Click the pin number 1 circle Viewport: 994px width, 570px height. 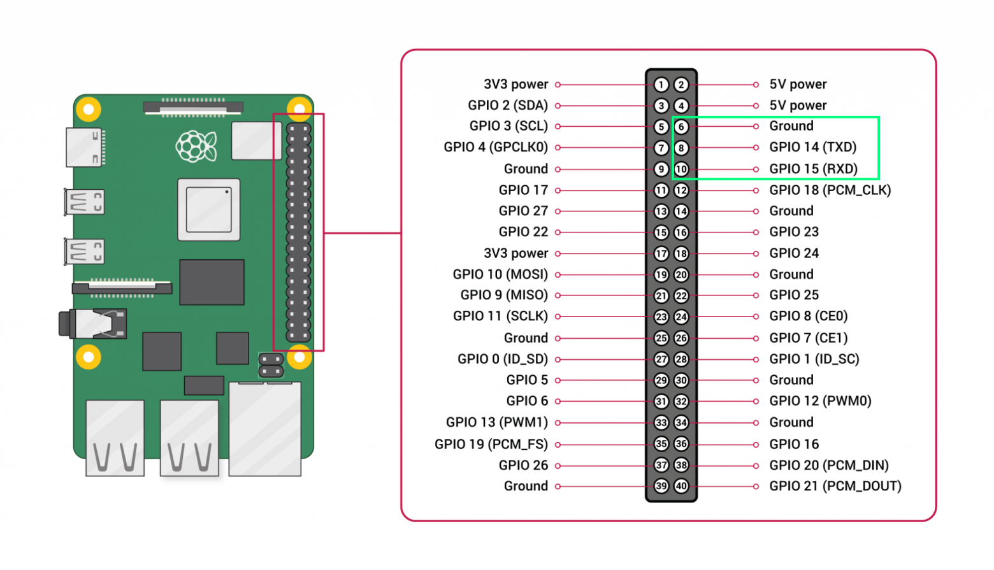coord(661,85)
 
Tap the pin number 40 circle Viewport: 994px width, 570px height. coord(681,486)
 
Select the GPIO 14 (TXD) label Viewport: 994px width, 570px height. coord(812,147)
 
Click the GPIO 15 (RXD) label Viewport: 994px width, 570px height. coord(813,169)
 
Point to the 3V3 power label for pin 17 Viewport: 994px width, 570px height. coord(515,253)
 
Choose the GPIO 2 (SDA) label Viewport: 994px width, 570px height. coord(508,106)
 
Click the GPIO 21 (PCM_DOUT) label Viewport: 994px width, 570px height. coord(835,486)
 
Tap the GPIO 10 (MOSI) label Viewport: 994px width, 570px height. coord(500,274)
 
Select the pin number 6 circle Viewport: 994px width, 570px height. coord(681,127)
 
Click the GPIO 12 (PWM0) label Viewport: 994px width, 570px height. coord(820,401)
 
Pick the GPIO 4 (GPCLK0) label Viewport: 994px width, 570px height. coord(496,147)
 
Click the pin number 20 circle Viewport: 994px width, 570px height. coord(681,274)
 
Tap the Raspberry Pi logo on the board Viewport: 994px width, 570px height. coord(196,146)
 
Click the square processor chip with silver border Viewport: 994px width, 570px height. coord(209,210)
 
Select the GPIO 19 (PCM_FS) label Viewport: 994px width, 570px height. coord(491,444)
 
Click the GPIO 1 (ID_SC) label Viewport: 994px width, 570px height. coord(814,359)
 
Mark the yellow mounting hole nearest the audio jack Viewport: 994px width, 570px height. coord(89,357)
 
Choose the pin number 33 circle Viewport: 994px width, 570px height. coord(661,422)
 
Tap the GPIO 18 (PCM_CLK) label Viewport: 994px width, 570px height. coord(830,190)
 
